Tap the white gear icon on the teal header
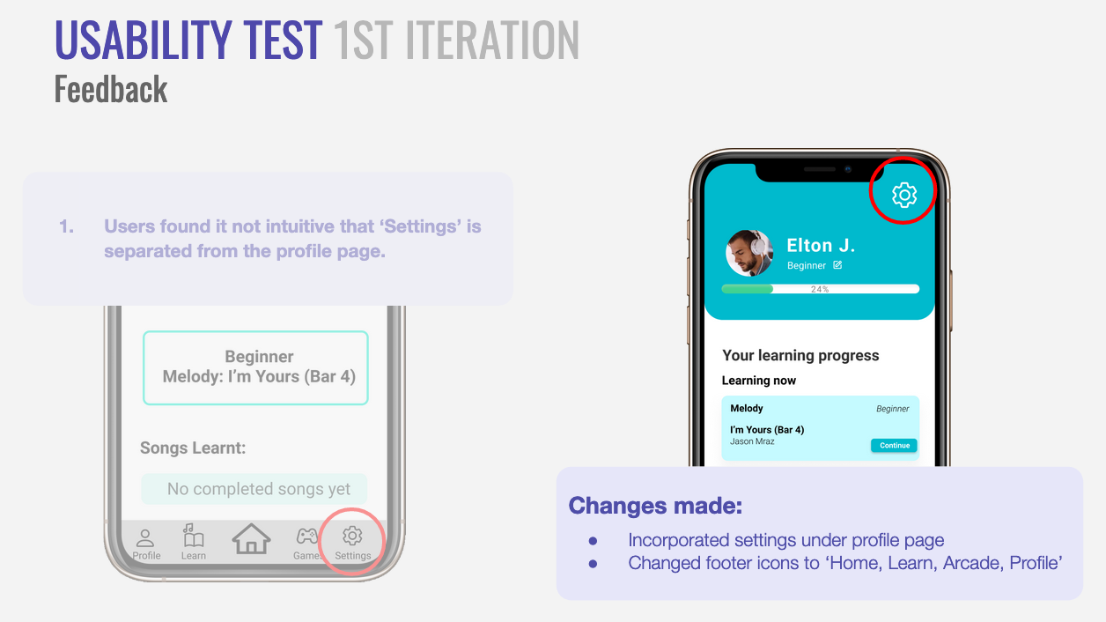[904, 195]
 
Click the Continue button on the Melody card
[894, 445]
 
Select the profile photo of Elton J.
[749, 253]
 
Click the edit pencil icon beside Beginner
[837, 265]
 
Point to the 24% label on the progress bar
[820, 289]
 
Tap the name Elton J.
[821, 245]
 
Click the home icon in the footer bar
[251, 538]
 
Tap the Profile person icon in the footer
[145, 538]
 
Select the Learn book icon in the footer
[193, 536]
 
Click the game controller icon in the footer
[306, 536]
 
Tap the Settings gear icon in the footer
[352, 536]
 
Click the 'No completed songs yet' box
[254, 489]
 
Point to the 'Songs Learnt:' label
[193, 448]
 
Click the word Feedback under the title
[111, 89]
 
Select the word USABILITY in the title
[143, 40]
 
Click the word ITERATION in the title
[491, 40]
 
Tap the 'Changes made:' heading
[655, 506]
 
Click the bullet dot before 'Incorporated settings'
[593, 541]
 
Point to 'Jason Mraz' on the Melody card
[752, 441]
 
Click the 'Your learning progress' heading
[800, 355]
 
